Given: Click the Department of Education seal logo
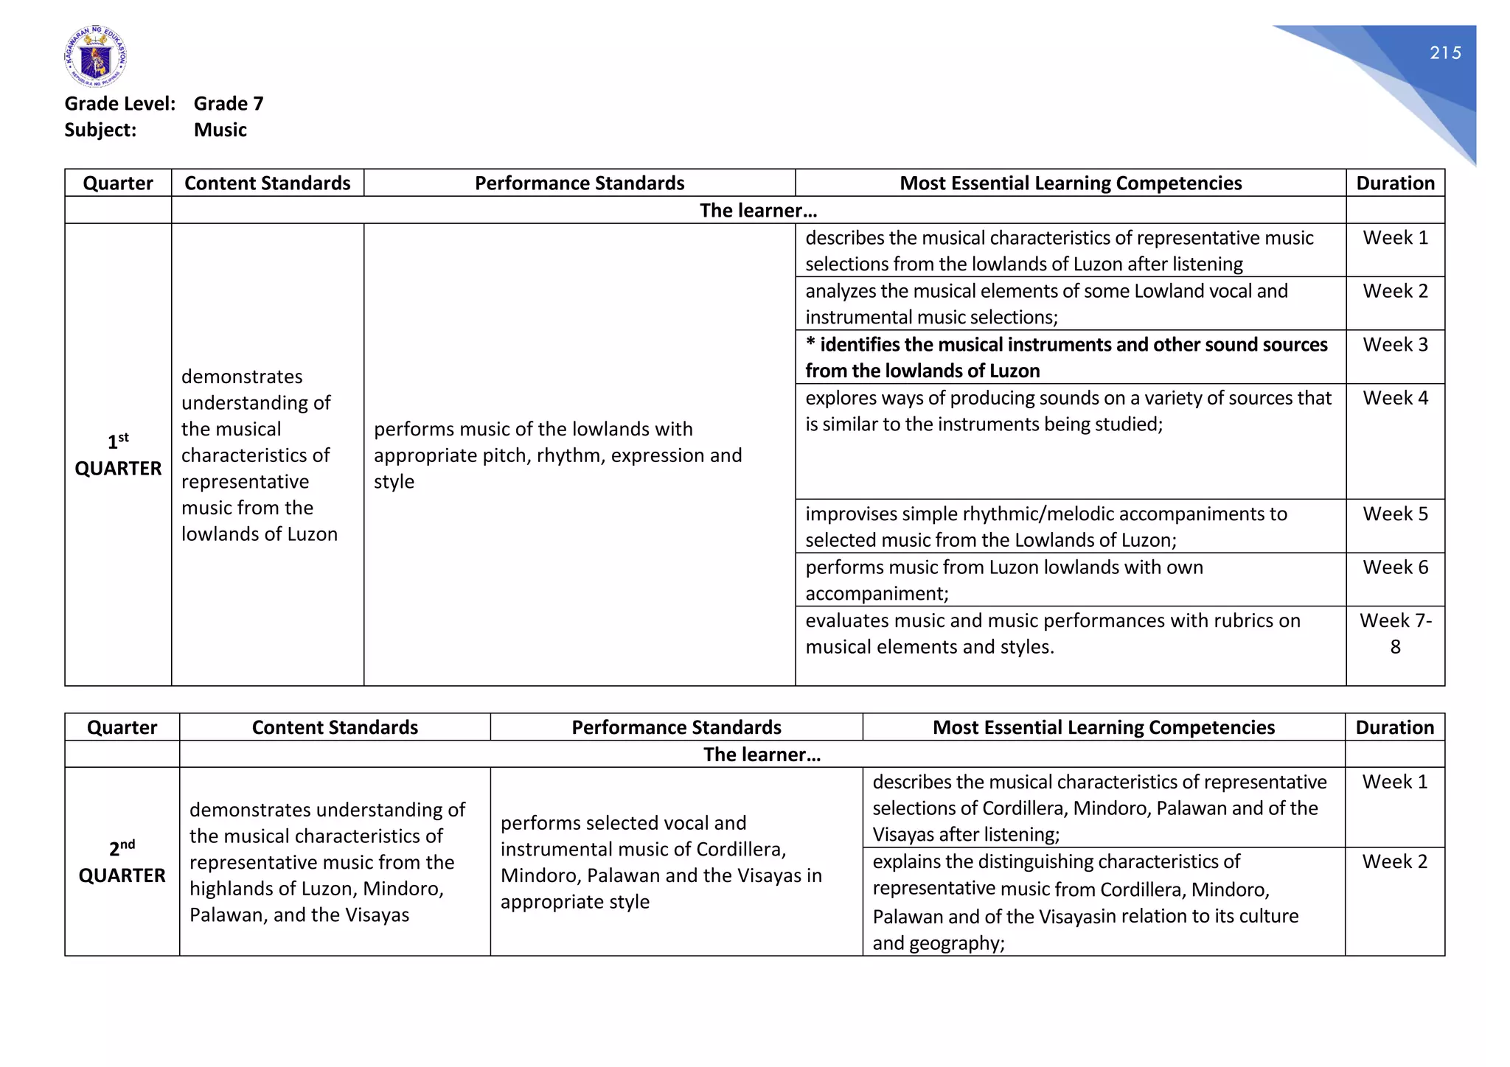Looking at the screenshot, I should pos(95,57).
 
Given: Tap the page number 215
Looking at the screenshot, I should pos(1445,53).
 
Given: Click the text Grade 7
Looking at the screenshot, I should pos(229,104).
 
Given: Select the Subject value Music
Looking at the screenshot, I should pos(220,130).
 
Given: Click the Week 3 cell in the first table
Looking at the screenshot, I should pos(1395,345).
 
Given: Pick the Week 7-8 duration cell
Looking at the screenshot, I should pos(1395,634).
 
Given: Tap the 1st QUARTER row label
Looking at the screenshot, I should pos(118,455).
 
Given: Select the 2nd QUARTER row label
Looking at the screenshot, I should pos(122,862).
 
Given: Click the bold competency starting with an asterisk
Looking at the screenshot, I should pos(1065,357).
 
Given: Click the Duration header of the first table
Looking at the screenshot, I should pos(1395,183).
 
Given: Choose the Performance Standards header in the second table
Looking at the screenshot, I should pos(676,727).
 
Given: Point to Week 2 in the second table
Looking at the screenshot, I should pos(1394,861).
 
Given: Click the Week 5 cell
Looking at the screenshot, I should pos(1395,514).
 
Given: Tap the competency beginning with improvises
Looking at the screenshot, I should pos(1045,527).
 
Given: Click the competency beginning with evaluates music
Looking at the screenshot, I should pos(1052,634).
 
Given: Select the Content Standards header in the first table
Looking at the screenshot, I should pos(267,183).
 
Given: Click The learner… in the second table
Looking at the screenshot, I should pos(762,755).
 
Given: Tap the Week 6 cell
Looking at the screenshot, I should pos(1395,567).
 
